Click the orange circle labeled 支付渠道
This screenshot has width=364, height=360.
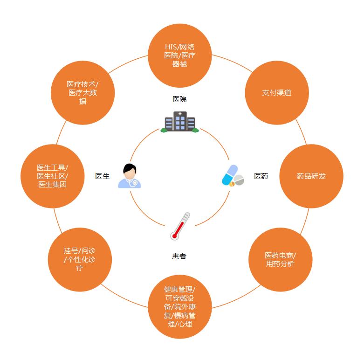coord(277,92)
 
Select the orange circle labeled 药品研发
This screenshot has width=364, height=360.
coord(311,176)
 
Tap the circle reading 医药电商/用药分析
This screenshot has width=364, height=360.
coord(280,260)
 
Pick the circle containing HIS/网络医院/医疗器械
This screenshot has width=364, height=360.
coord(180,55)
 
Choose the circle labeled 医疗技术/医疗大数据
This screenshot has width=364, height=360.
coord(82,93)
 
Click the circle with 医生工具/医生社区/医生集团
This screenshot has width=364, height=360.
coord(53,176)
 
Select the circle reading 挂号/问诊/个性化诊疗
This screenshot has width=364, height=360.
coord(80,260)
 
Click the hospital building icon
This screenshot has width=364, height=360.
coord(180,122)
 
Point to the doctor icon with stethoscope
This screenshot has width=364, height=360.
coord(130,176)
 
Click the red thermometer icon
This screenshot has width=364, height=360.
coord(180,226)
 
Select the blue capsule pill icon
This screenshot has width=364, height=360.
coord(230,175)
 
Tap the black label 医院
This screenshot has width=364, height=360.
coord(179,99)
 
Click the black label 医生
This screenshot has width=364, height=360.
coord(103,176)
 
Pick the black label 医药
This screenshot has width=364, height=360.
coord(261,176)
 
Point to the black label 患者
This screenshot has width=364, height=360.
coord(179,256)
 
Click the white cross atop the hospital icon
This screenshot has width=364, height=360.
coord(180,114)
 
